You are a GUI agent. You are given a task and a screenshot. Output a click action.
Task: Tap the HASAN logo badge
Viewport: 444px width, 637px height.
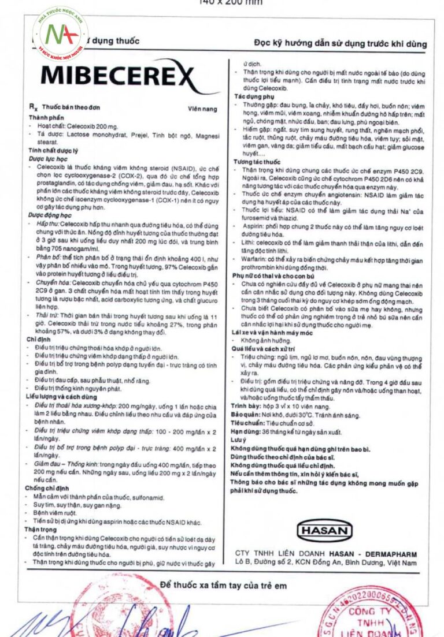324,530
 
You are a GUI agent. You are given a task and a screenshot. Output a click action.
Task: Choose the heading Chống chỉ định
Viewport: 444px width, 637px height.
47,488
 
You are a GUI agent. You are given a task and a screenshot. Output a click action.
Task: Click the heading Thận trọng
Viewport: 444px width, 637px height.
41,529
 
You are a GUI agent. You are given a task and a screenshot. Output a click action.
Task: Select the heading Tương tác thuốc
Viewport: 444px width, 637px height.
256,162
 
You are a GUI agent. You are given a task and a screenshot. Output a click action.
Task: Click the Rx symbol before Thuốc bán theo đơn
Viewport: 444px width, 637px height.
34,107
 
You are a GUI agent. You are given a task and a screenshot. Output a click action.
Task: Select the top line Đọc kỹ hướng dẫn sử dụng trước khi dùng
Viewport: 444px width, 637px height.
341,44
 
